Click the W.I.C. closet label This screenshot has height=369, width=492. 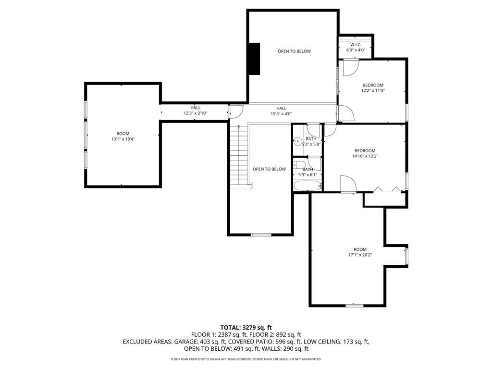click(x=356, y=47)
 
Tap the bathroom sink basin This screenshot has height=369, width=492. click(x=297, y=142)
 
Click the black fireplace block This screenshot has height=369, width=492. click(x=254, y=59)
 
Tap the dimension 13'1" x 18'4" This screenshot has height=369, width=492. click(x=123, y=139)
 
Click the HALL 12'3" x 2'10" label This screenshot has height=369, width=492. click(x=195, y=111)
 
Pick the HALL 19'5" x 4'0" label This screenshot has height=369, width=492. click(x=281, y=111)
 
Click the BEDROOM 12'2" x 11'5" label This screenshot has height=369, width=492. click(x=373, y=87)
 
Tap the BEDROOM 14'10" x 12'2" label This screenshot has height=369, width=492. click(x=365, y=153)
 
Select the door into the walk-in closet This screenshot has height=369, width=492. click(x=350, y=66)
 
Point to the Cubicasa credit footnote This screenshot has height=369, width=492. click(x=246, y=359)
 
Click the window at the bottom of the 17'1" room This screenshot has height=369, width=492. click(x=355, y=305)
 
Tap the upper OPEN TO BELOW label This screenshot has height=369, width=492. click(x=294, y=51)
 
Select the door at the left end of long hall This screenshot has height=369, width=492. click(x=235, y=111)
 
